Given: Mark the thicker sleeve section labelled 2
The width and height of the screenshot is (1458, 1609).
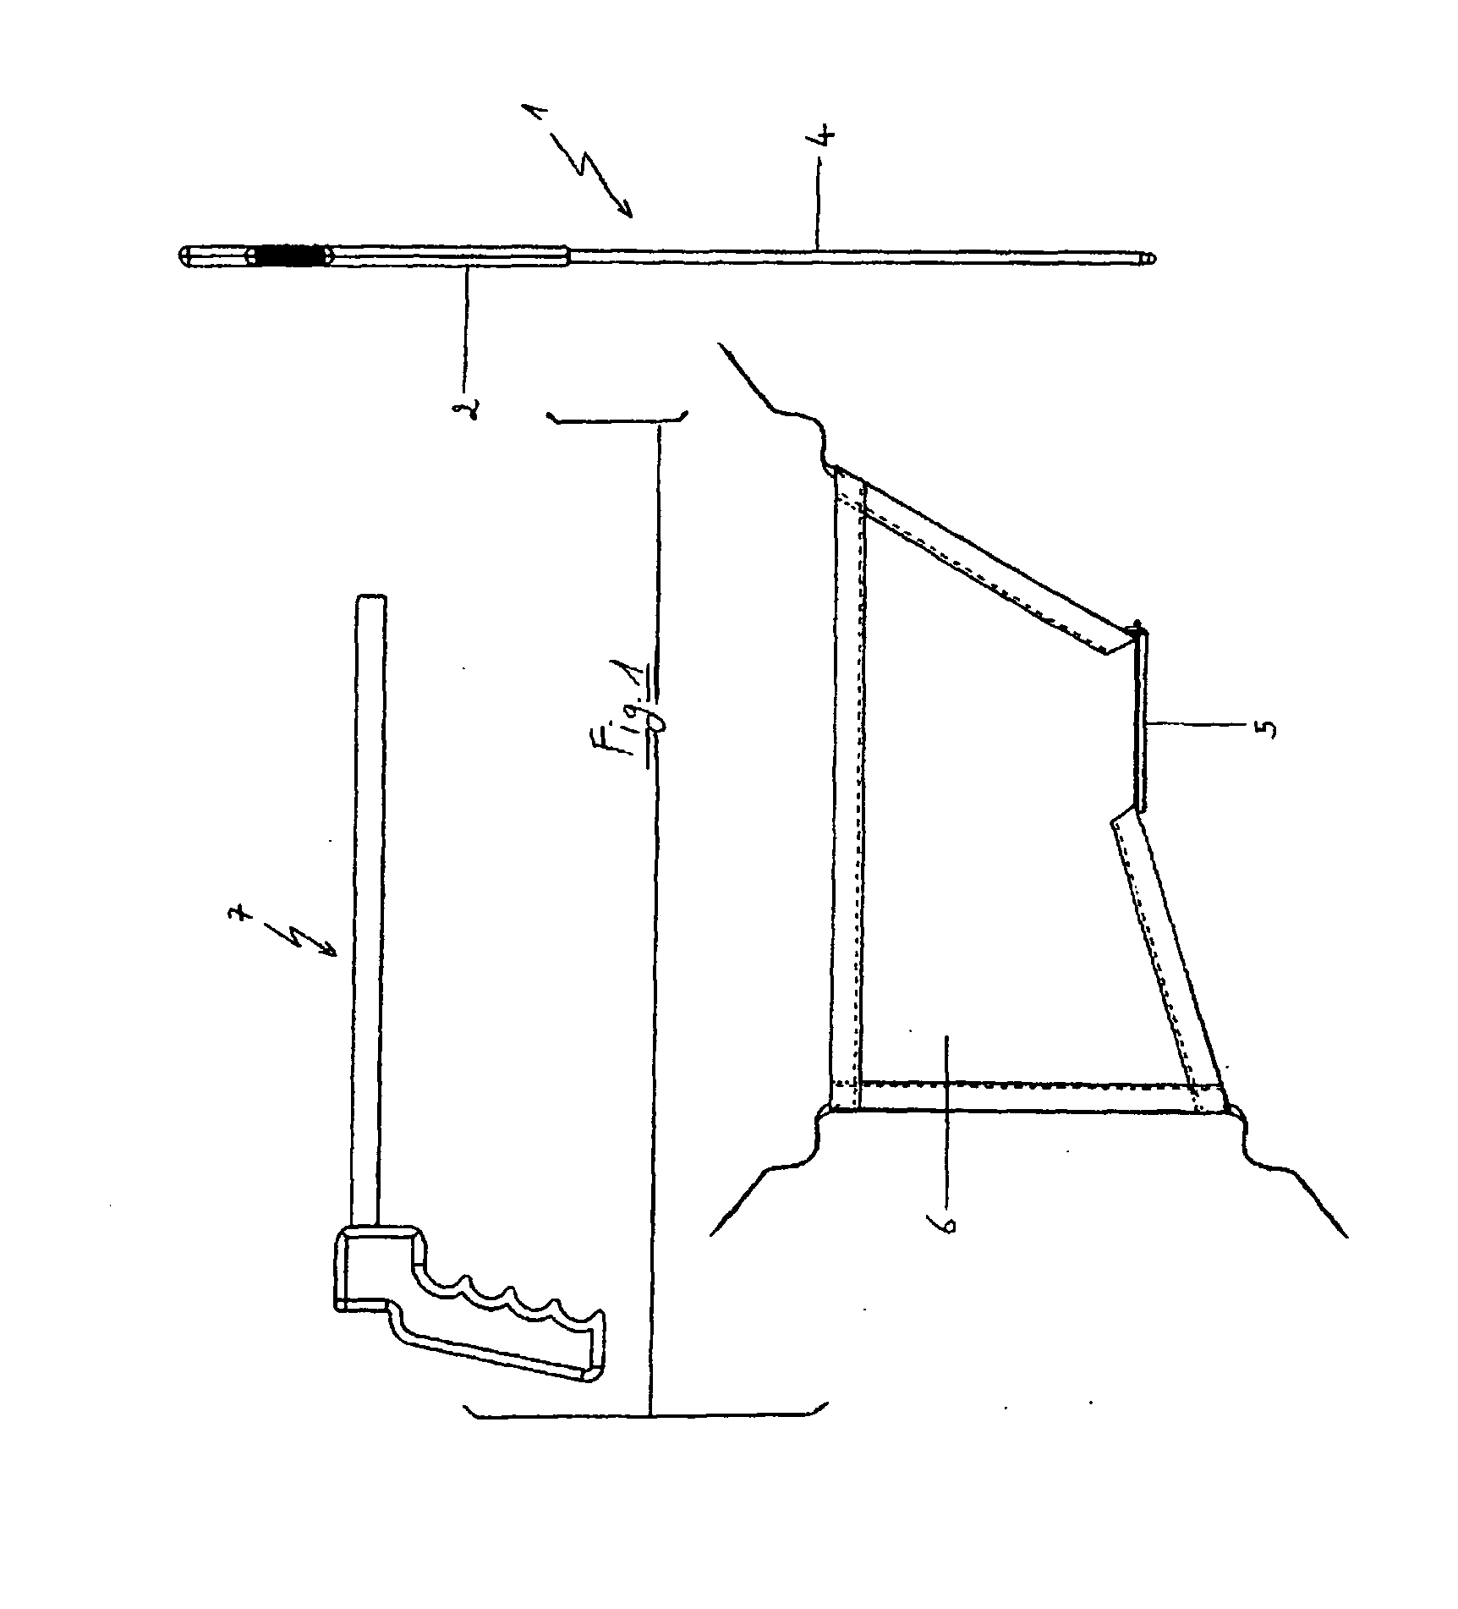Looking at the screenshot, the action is click(x=448, y=256).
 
